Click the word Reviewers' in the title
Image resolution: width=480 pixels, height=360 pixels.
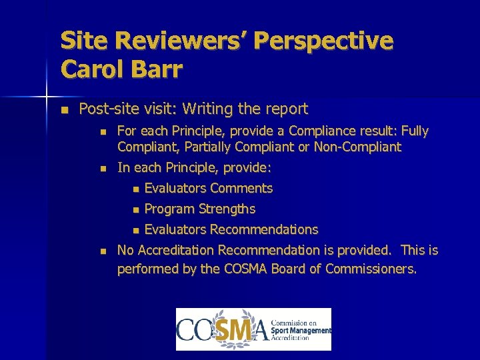[x=181, y=41]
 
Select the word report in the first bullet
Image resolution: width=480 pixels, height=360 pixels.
[x=287, y=109]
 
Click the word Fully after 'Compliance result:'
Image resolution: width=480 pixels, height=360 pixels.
[x=413, y=131]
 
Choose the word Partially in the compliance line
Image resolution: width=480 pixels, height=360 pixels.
[x=198, y=147]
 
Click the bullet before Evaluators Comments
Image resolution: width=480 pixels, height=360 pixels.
[x=136, y=189]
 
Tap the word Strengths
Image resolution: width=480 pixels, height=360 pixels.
[x=226, y=209]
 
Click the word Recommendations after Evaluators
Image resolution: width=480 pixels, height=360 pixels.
[x=264, y=229]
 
